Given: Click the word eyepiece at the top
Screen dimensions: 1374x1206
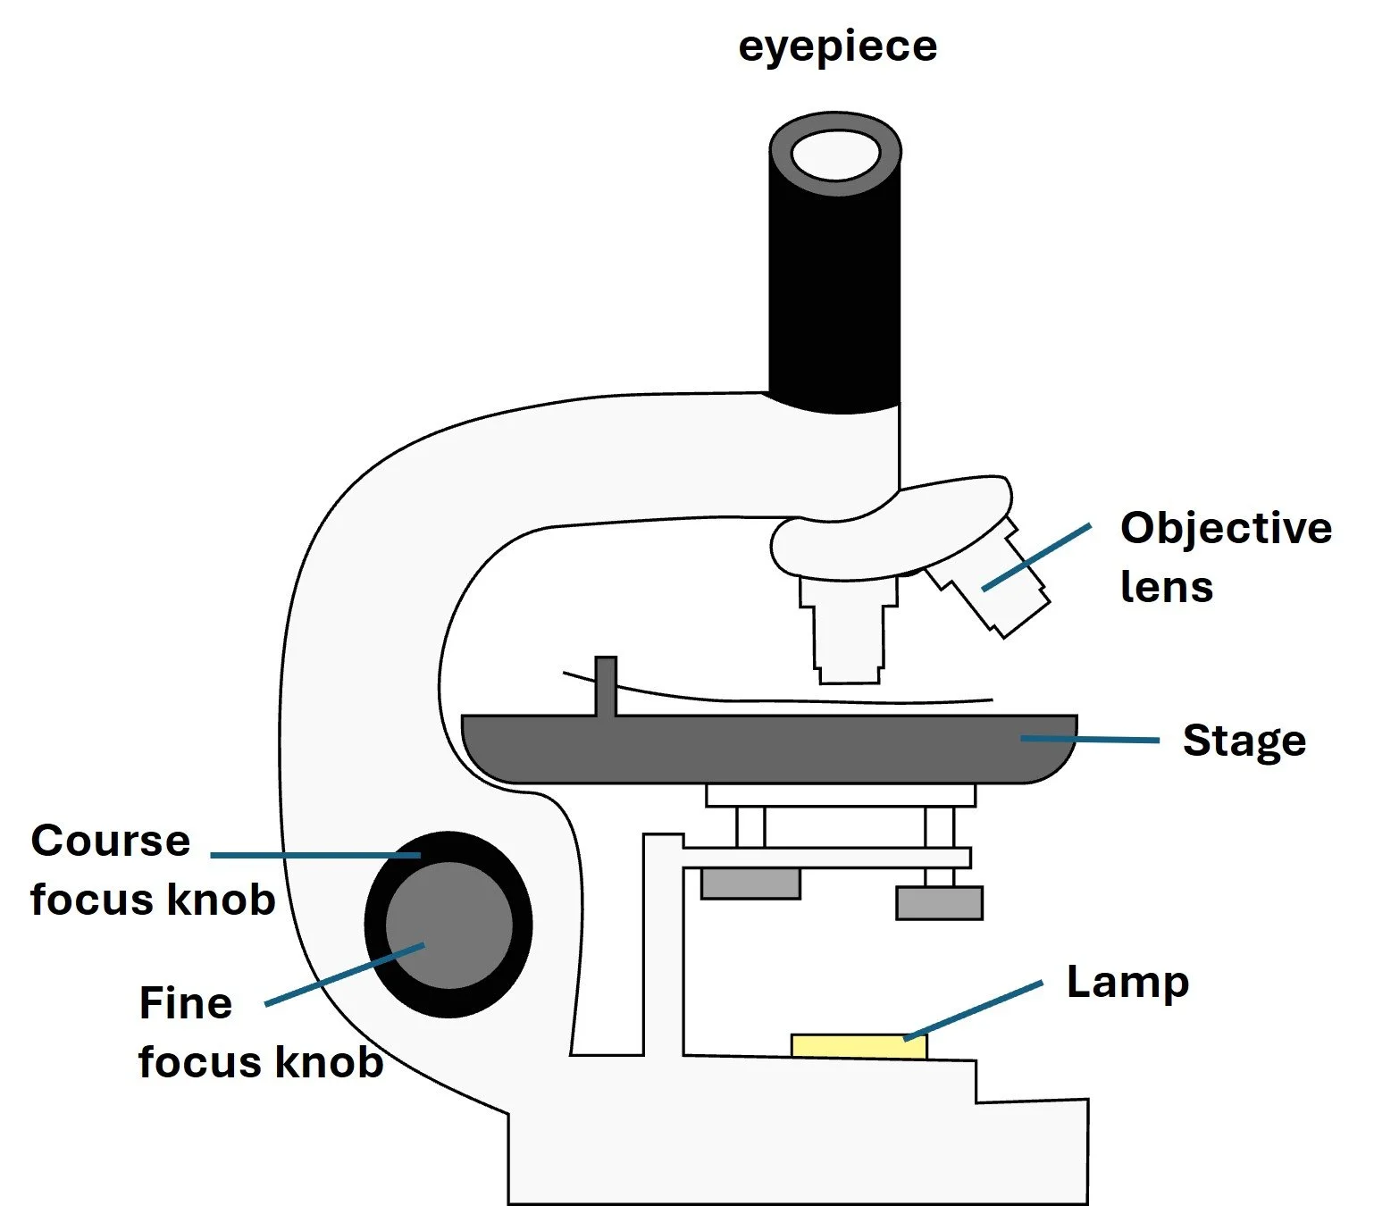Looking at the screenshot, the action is tap(837, 46).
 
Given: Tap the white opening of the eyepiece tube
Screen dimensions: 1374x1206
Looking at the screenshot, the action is tap(834, 155).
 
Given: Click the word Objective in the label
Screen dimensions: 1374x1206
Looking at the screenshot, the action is tap(1226, 528).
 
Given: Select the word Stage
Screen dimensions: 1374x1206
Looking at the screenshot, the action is tap(1244, 741).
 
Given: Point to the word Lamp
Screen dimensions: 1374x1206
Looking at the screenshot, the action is tap(1127, 983).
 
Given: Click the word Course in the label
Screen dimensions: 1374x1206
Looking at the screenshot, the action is tap(111, 842).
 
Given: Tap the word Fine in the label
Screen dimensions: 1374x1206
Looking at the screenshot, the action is tap(186, 1003).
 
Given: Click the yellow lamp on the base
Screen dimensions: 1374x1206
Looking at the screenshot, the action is tap(859, 1046).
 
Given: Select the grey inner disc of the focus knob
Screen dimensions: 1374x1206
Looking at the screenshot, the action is tap(449, 925).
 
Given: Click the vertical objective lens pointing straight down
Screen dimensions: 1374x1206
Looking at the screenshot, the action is tap(849, 630).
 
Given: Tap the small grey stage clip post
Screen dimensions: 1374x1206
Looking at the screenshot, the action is tap(606, 686).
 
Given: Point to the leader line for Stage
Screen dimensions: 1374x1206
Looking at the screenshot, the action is tap(1090, 740).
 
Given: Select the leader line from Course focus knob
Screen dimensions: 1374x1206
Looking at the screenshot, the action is tap(315, 855).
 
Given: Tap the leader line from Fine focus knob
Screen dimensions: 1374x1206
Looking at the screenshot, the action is tap(345, 974).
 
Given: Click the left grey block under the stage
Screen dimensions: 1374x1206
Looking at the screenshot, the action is tap(750, 884).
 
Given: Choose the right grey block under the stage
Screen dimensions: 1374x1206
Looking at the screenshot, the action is tap(939, 903).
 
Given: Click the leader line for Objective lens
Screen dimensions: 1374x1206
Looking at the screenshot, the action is tap(1036, 557).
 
